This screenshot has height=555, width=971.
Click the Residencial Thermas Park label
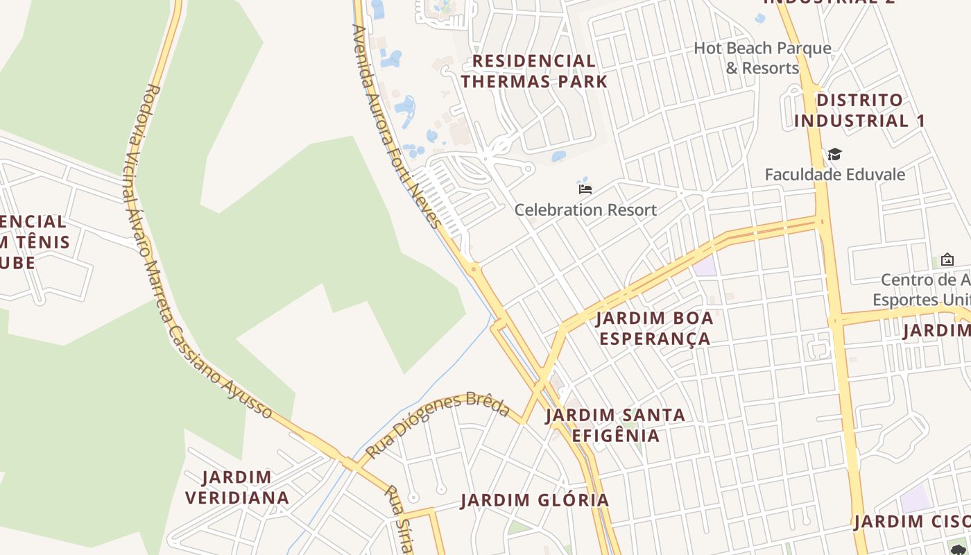tap(534, 71)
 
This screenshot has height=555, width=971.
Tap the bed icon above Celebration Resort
tap(585, 188)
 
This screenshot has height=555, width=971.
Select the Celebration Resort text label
tap(585, 210)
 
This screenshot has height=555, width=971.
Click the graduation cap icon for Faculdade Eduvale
tap(834, 154)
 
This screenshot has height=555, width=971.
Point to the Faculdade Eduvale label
tap(834, 174)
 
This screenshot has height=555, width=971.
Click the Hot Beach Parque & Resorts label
tap(762, 58)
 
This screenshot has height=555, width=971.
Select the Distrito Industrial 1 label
tap(859, 110)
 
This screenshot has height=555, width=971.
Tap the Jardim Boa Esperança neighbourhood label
tap(655, 328)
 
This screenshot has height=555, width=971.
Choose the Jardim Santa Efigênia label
tap(615, 425)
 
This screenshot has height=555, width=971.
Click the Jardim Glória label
tap(535, 500)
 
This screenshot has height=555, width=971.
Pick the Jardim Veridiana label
tap(237, 487)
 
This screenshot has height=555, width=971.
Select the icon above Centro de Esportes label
tap(947, 259)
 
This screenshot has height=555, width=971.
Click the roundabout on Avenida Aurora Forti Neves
tap(474, 268)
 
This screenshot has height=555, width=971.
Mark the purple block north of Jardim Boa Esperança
tap(705, 266)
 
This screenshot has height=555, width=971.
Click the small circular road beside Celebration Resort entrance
tap(529, 168)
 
